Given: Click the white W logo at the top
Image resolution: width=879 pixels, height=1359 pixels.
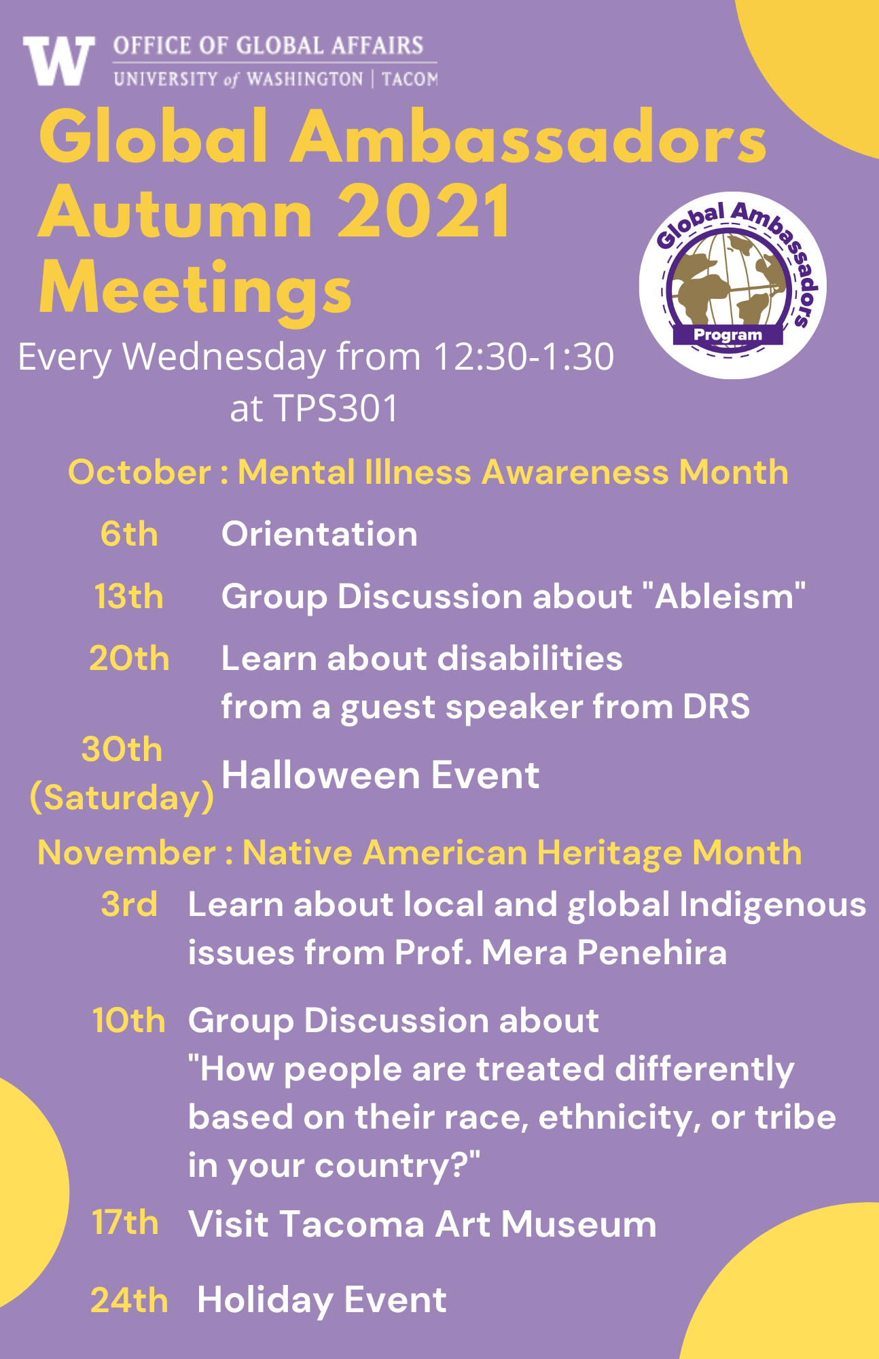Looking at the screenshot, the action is (58, 60).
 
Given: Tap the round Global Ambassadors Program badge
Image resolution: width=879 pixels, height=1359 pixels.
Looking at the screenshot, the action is (732, 285).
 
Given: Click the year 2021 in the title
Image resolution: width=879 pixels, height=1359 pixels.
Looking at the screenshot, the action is (424, 213).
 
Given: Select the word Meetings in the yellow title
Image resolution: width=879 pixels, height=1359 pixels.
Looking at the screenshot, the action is (196, 289).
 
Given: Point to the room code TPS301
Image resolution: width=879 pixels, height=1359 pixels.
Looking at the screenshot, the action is (336, 408).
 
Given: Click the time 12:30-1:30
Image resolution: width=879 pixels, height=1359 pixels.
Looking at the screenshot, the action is (524, 357).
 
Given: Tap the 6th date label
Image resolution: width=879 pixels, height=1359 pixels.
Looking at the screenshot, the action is (129, 534).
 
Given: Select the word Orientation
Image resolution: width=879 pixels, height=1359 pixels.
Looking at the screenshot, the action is (319, 534).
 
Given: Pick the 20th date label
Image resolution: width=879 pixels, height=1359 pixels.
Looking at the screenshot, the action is (129, 658).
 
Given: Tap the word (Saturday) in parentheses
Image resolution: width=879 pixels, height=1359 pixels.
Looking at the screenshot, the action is (122, 797).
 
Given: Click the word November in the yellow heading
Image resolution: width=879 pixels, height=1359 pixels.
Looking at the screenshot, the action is (126, 853).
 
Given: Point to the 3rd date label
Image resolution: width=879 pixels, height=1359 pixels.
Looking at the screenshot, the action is (129, 904).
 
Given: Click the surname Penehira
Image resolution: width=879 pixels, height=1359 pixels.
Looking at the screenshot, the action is (652, 953).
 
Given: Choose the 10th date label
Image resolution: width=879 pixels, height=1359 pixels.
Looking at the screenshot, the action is (129, 1021).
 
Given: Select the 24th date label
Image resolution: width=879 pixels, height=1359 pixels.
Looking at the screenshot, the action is (129, 1301).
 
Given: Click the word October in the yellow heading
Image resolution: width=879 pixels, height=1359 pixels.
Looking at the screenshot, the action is (139, 472).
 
